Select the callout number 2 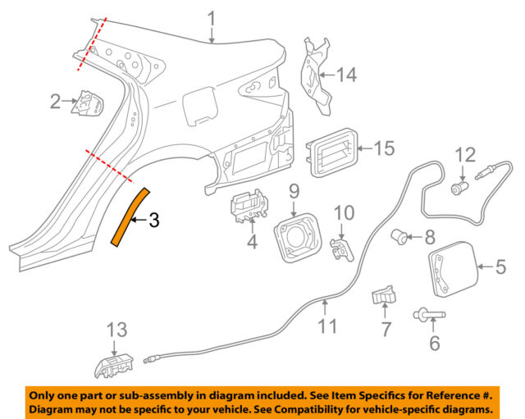click(55, 102)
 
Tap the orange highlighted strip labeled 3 click(128, 215)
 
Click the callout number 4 click(253, 242)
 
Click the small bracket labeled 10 click(338, 248)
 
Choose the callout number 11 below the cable click(327, 326)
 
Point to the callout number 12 click(465, 153)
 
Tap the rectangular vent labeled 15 click(331, 153)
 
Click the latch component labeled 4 click(247, 207)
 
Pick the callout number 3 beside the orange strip click(153, 220)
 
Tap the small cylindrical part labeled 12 click(459, 188)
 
